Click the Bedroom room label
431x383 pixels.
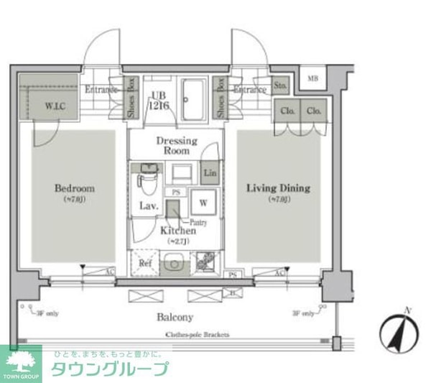pyautogui.click(x=75, y=189)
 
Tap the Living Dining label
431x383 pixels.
pyautogui.click(x=278, y=188)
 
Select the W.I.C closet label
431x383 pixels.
pyautogui.click(x=55, y=106)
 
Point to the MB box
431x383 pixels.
pyautogui.click(x=313, y=78)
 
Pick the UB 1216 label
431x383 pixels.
pyautogui.click(x=158, y=101)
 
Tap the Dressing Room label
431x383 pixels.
pyautogui.click(x=177, y=146)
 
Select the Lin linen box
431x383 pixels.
pyautogui.click(x=210, y=173)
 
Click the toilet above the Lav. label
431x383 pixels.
pyautogui.click(x=148, y=179)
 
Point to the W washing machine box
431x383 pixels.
pyautogui.click(x=203, y=203)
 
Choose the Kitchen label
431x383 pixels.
pyautogui.click(x=177, y=231)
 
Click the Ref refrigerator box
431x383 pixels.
pyautogui.click(x=144, y=262)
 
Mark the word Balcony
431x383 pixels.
pyautogui.click(x=175, y=317)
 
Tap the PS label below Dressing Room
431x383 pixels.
pyautogui.click(x=175, y=193)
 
